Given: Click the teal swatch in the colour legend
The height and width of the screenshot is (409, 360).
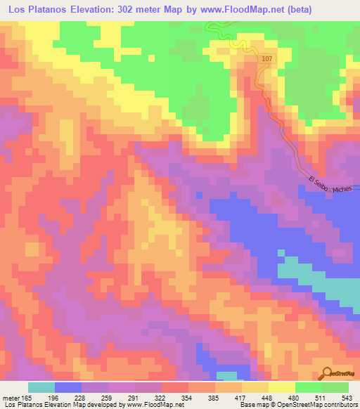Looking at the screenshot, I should [x=41, y=387].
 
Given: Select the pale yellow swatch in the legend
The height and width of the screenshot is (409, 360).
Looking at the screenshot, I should [x=282, y=387].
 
